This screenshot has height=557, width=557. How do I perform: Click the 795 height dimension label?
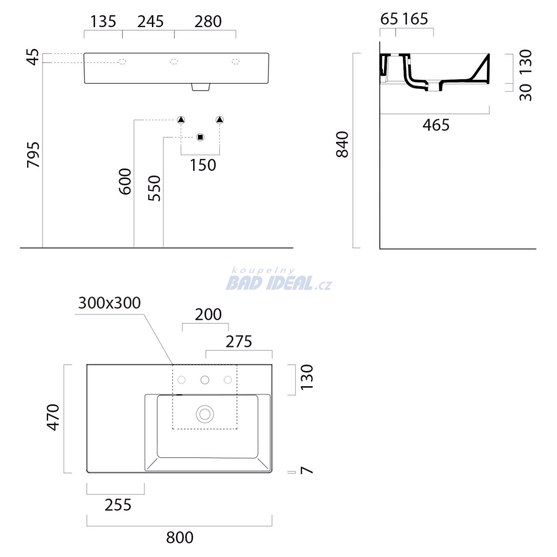pos(34,154)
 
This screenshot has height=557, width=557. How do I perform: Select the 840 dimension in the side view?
pos(343,144)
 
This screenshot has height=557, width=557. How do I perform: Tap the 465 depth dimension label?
pos(436,125)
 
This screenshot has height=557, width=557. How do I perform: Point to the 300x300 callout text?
pos(109,303)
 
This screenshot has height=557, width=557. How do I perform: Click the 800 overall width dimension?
pos(180,537)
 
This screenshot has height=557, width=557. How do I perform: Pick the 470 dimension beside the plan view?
pos(53,417)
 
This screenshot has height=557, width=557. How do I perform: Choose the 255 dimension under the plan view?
pos(118,505)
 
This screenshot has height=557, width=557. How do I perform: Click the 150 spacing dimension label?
pos(203,165)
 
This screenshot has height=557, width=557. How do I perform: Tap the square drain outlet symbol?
pos(200,137)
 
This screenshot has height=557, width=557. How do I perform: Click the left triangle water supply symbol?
pos(181,120)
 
